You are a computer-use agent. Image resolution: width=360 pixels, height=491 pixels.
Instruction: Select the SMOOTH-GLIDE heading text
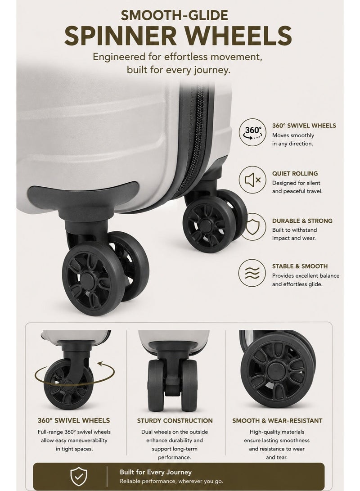[x=174, y=15]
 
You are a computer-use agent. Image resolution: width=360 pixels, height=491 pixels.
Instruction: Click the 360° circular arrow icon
[x=252, y=132]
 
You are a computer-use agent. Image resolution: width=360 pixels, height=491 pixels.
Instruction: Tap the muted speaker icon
[x=252, y=180]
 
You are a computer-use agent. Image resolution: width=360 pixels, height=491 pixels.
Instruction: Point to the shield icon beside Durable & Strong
[x=252, y=227]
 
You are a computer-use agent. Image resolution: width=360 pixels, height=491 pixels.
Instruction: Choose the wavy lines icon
[x=252, y=273]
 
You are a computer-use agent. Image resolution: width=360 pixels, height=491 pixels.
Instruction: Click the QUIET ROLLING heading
[x=295, y=173]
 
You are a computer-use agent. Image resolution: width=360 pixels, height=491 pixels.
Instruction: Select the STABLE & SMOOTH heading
[x=300, y=266]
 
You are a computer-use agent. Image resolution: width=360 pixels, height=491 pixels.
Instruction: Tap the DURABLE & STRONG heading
[x=302, y=221]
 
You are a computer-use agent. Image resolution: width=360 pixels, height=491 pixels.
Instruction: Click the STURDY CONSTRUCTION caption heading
[x=175, y=420]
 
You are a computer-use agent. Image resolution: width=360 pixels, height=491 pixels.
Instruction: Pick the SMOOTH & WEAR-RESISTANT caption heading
[x=277, y=420]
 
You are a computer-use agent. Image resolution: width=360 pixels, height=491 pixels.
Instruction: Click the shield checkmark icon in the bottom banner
[x=79, y=476]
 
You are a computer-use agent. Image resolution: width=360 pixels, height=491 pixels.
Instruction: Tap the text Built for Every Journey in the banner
[x=156, y=472]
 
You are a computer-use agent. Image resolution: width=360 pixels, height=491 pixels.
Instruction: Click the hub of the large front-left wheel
[x=89, y=279]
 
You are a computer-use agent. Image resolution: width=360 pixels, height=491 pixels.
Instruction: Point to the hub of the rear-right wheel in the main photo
[x=205, y=225]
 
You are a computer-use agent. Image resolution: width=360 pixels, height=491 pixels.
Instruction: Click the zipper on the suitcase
[x=197, y=138]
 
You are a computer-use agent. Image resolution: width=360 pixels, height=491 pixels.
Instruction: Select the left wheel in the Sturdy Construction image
[x=156, y=385]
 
